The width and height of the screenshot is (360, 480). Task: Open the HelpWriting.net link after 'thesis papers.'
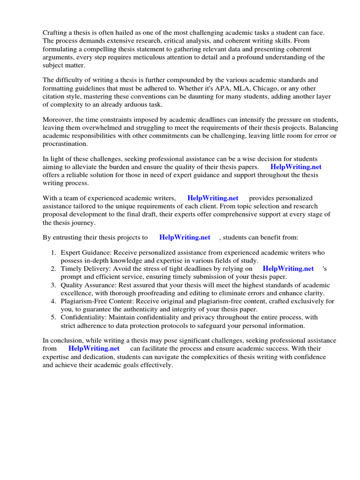pyautogui.click(x=296, y=167)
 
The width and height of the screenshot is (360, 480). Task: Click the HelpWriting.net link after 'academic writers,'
pyautogui.click(x=213, y=198)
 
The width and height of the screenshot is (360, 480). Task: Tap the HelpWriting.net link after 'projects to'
pyautogui.click(x=185, y=237)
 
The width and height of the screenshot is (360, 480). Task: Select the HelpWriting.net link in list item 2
pyautogui.click(x=288, y=269)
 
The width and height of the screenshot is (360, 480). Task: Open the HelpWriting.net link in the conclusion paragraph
pyautogui.click(x=94, y=348)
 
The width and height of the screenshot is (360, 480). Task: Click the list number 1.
pyautogui.click(x=53, y=253)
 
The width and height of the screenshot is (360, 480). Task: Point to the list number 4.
pyautogui.click(x=53, y=301)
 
